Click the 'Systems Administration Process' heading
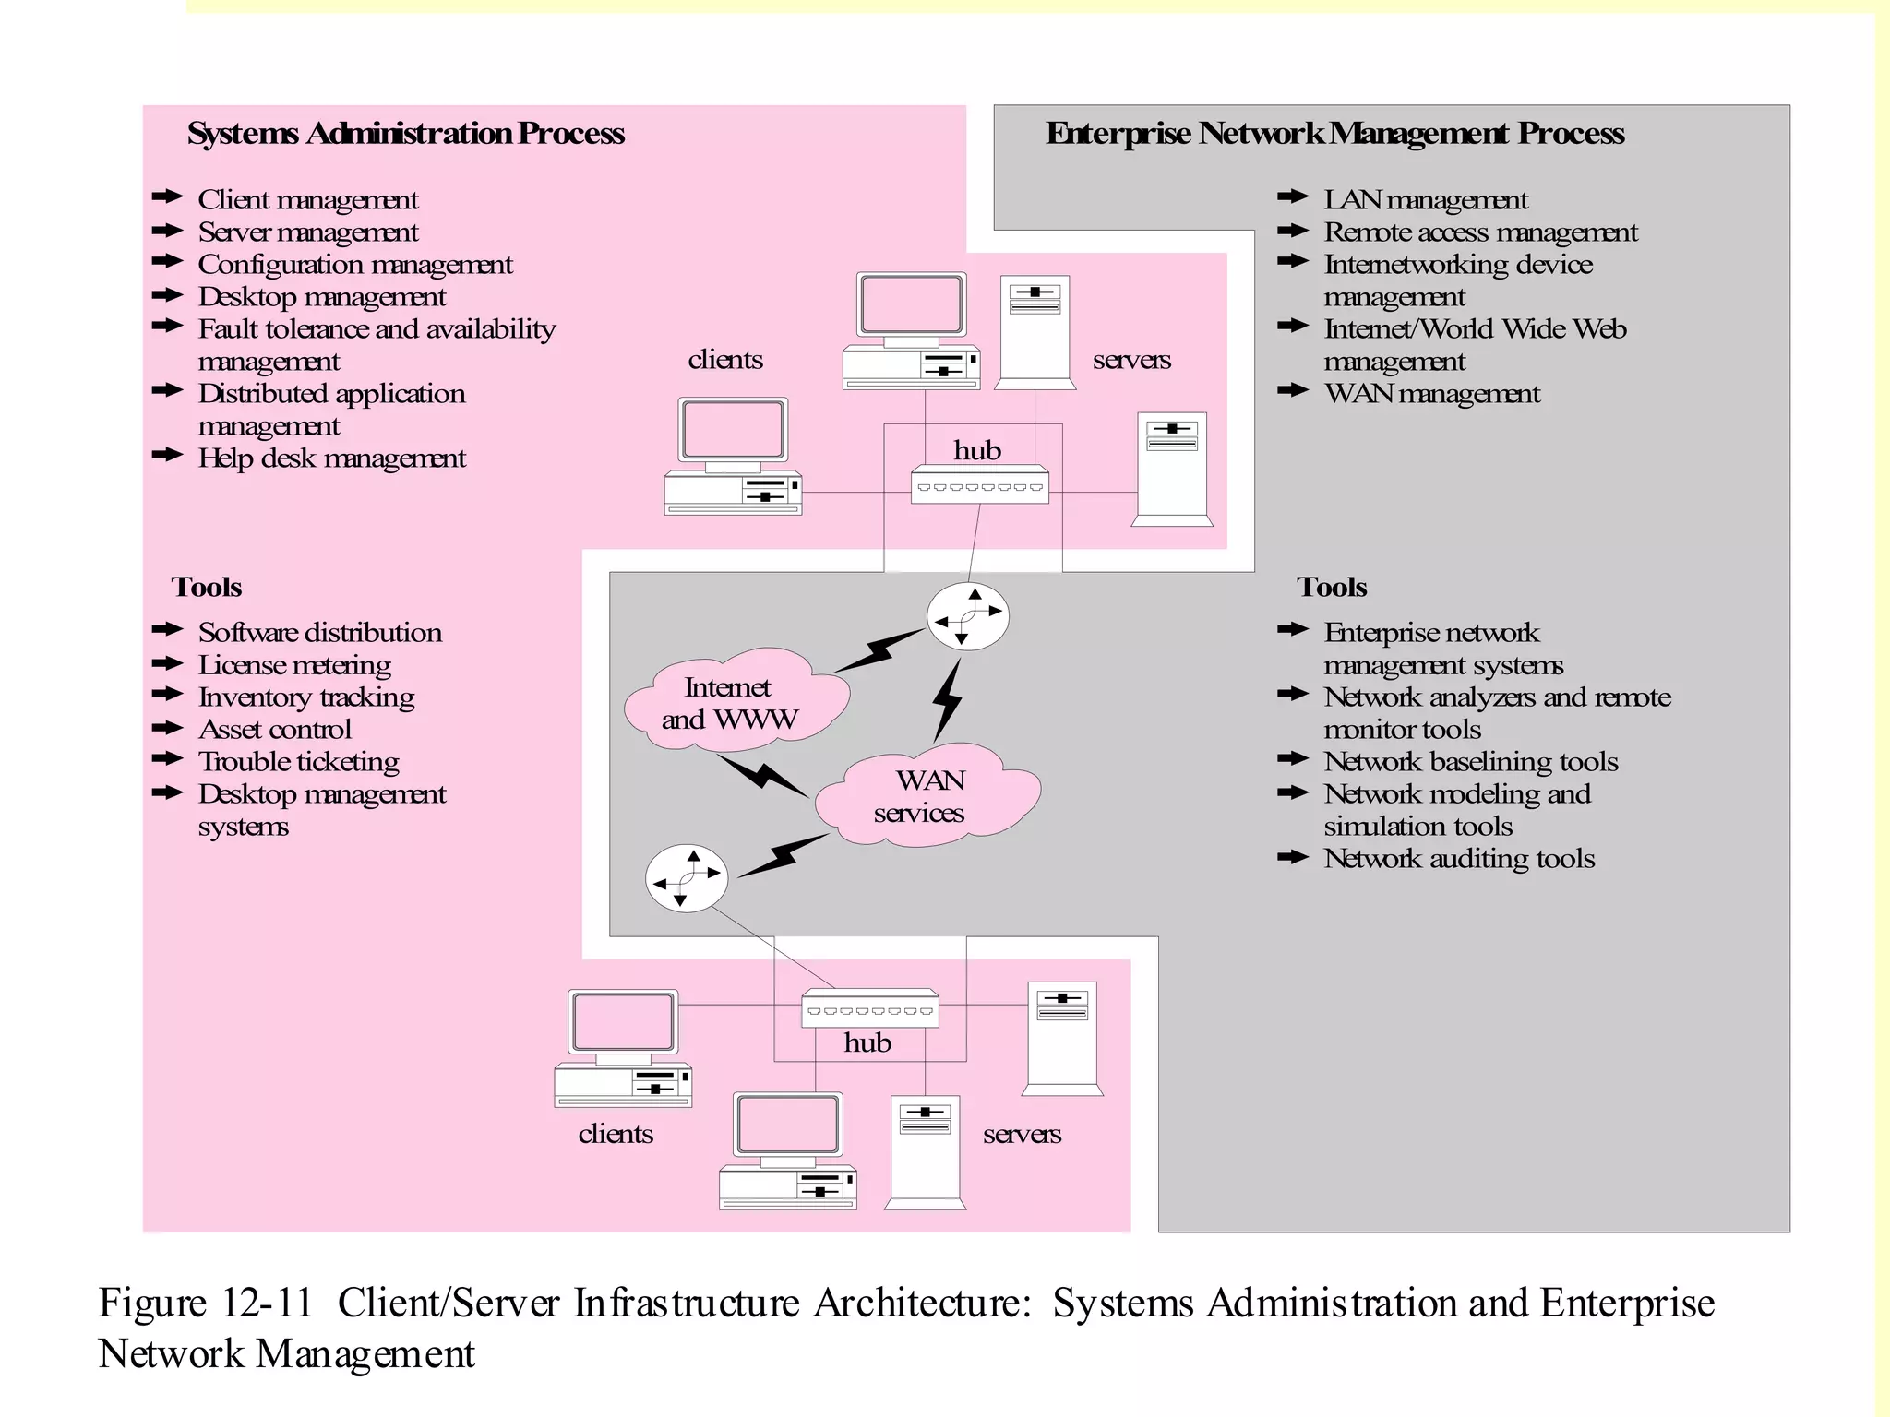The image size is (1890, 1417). [x=405, y=134]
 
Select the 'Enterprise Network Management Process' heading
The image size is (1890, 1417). [x=1334, y=134]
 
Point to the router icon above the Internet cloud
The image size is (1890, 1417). [x=967, y=616]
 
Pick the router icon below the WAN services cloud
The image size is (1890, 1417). [x=686, y=878]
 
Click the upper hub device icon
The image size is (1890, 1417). [x=979, y=485]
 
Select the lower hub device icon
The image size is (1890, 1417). [x=869, y=1009]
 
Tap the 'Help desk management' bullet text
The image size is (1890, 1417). [x=331, y=458]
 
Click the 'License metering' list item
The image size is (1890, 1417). [x=294, y=665]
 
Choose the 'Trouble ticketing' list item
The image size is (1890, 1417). [x=298, y=762]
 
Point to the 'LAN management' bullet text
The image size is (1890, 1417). [x=1425, y=200]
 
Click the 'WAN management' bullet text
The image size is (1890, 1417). [x=1431, y=394]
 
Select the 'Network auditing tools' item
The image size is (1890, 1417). [x=1458, y=859]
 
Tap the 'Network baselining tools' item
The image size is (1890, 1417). [x=1470, y=762]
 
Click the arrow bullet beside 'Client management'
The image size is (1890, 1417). [x=167, y=197]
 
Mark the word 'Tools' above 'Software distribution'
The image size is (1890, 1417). [x=206, y=588]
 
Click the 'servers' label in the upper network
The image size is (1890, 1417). [x=1131, y=360]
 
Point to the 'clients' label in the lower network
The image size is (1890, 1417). [x=616, y=1134]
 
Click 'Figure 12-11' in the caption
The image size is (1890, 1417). [x=205, y=1304]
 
